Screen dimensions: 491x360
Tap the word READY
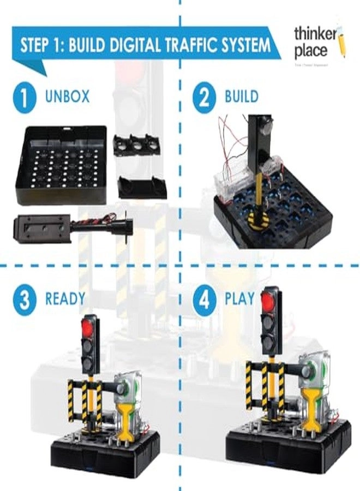click(65, 299)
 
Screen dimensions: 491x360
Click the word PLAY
click(239, 299)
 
